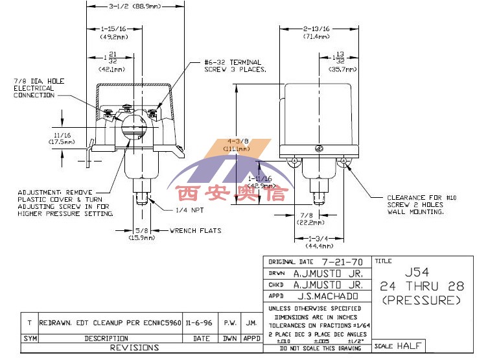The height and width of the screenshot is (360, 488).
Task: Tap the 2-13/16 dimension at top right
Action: tap(317, 29)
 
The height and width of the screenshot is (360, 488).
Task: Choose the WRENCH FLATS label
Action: tap(195, 230)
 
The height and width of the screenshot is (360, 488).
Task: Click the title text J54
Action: tap(421, 272)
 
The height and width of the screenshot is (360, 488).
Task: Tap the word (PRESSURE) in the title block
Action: tap(421, 300)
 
